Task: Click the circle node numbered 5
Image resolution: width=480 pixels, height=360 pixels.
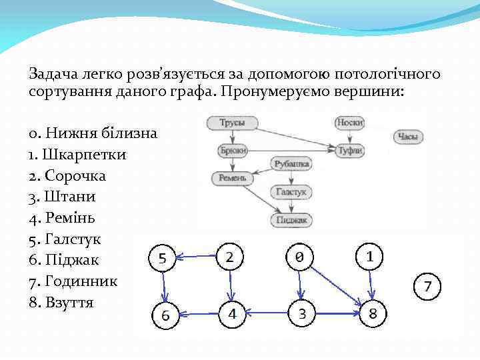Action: pos(163,259)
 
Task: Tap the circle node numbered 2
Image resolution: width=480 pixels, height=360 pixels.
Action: pos(229,256)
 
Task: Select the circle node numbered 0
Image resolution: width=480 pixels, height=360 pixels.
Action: pos(300,257)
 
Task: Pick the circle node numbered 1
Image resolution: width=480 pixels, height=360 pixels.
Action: pos(370,256)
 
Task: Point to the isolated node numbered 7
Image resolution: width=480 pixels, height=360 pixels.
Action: pos(428,287)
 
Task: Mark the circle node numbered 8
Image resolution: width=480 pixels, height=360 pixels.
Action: pos(373,313)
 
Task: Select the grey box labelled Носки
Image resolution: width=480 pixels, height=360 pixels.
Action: pos(349,123)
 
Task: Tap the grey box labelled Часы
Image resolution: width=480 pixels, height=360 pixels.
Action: pos(408,137)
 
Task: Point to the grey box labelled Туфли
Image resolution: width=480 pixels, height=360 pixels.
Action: pos(350,151)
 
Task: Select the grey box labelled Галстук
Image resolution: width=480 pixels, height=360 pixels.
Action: pos(292,192)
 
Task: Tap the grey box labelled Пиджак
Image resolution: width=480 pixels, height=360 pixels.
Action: pos(292,219)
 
